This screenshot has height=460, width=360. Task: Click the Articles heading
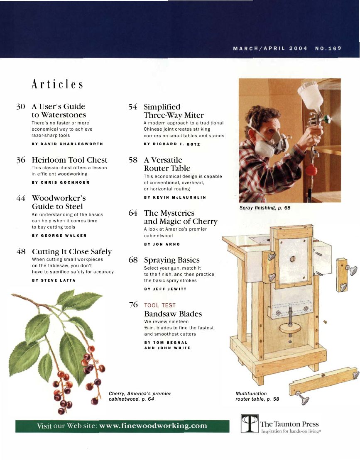pyautogui.click(x=58, y=85)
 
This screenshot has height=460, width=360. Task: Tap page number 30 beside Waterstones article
pyautogui.click(x=21, y=107)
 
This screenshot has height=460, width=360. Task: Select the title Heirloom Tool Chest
pyautogui.click(x=69, y=160)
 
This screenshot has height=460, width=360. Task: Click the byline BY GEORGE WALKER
pyautogui.click(x=59, y=236)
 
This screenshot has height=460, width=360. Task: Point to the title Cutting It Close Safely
pyautogui.click(x=71, y=252)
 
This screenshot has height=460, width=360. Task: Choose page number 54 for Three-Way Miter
pyautogui.click(x=133, y=107)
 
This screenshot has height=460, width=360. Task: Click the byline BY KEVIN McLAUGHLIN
pyautogui.click(x=175, y=197)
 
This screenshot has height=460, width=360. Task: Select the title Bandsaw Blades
pyautogui.click(x=173, y=314)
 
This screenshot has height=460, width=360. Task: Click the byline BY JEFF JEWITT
pyautogui.click(x=164, y=289)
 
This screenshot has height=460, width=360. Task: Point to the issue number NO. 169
pyautogui.click(x=328, y=48)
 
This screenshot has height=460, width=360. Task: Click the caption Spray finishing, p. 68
pyautogui.click(x=264, y=208)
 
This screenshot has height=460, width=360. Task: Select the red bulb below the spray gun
pyautogui.click(x=311, y=170)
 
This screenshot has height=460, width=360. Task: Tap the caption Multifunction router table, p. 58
pyautogui.click(x=257, y=396)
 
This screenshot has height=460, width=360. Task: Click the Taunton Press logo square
pyautogui.click(x=250, y=423)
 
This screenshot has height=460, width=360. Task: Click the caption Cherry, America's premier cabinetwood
pyautogui.click(x=140, y=396)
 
